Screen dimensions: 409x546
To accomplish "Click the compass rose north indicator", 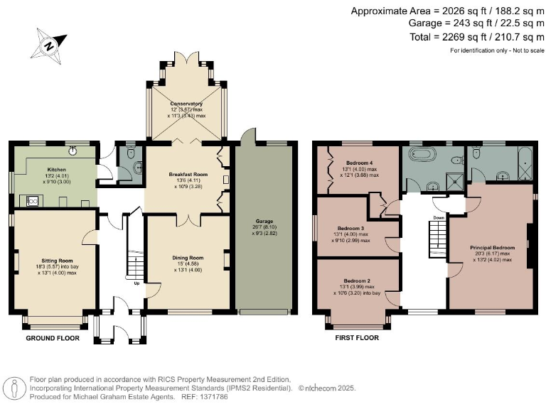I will point(48,45).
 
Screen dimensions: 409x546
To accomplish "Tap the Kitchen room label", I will point(57,170).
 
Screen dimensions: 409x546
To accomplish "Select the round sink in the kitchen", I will point(73,150).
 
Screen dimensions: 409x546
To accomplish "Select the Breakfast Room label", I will point(188,174).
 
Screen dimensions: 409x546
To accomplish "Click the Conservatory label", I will point(186,104).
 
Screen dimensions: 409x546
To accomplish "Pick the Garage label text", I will point(264,221).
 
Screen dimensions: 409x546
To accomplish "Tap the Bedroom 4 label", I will point(356,162).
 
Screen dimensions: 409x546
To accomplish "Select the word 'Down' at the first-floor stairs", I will point(439,198).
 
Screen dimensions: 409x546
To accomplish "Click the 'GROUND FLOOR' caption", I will point(53,338).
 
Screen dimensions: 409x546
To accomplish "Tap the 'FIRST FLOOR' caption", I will point(357,338).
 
